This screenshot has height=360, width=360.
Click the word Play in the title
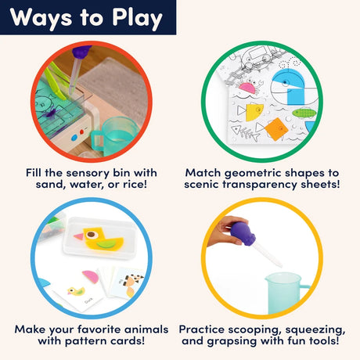point(137,18)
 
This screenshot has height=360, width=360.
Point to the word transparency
point(260,185)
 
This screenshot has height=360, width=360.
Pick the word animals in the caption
point(146,329)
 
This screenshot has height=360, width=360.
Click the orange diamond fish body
point(276,129)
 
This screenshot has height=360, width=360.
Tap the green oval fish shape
point(304,113)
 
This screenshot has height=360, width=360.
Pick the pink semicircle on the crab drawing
point(247,88)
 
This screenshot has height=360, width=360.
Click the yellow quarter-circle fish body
point(254,112)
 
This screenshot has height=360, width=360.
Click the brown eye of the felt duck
point(91,235)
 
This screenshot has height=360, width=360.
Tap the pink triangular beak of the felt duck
point(78,237)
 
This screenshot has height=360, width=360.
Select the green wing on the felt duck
point(106,244)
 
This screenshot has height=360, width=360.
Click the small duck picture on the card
point(76,291)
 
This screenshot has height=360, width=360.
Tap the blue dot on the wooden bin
point(74,138)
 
